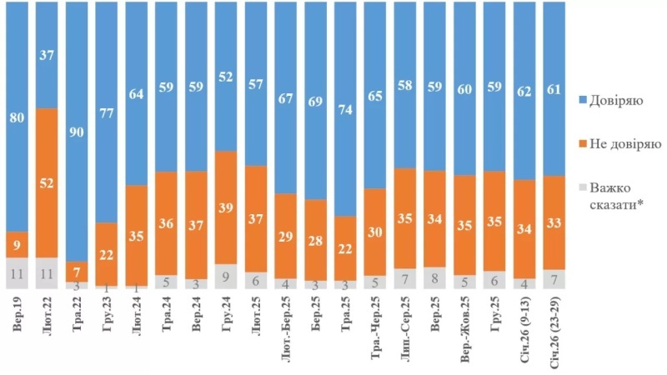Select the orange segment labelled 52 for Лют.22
[x=48, y=182]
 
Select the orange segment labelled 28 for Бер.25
[x=317, y=240]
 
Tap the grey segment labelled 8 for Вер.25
[x=436, y=277]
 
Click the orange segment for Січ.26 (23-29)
[x=556, y=222]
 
